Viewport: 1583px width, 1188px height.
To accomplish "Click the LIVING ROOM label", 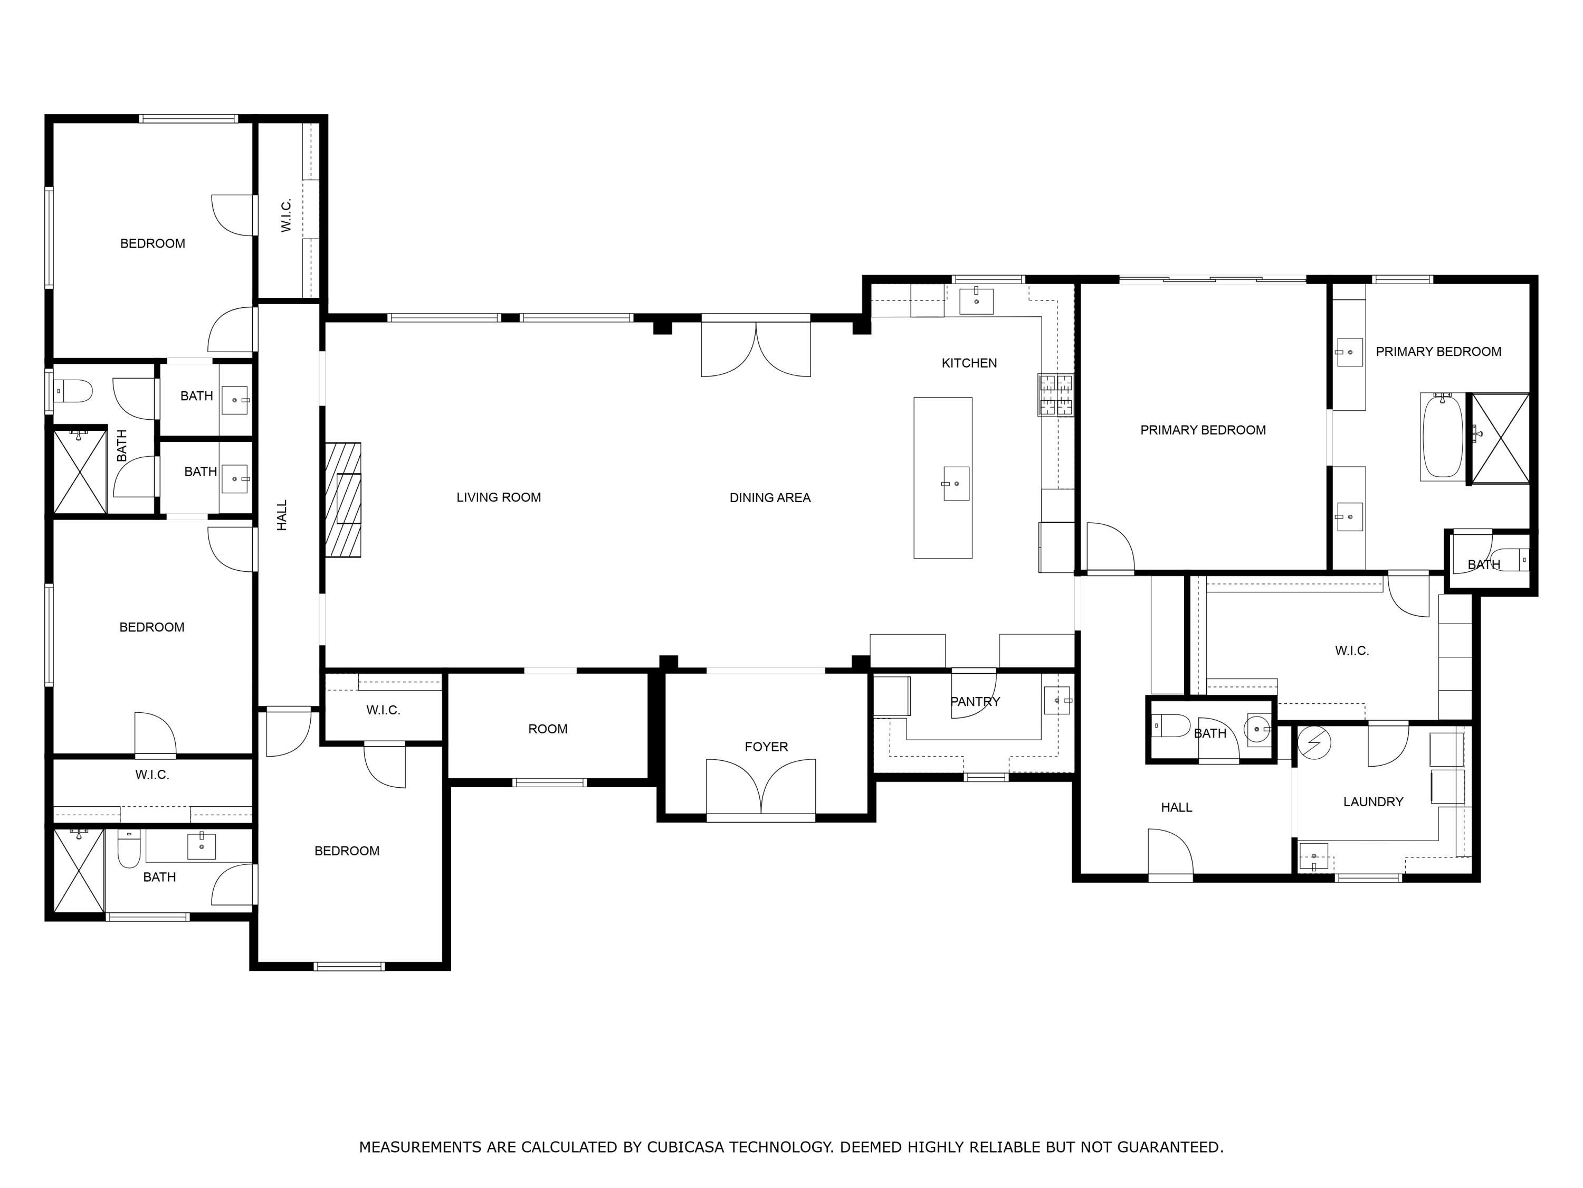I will click(499, 497).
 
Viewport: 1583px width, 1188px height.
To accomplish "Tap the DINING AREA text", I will click(770, 498).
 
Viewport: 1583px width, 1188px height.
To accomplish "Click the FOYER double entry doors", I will click(761, 787).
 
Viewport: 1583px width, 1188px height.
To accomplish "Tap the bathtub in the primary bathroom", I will click(1442, 436).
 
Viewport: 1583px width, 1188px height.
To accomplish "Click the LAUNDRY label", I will click(1372, 802).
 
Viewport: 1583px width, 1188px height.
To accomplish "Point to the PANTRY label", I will click(975, 702).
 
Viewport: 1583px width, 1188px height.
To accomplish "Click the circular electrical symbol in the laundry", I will click(1312, 743).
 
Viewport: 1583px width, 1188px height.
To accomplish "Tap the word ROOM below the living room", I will click(548, 729).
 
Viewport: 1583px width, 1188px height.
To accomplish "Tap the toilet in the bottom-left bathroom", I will click(129, 850).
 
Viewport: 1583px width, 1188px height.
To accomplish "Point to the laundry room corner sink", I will click(1314, 857).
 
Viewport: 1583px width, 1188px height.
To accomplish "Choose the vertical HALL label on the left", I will click(282, 515).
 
